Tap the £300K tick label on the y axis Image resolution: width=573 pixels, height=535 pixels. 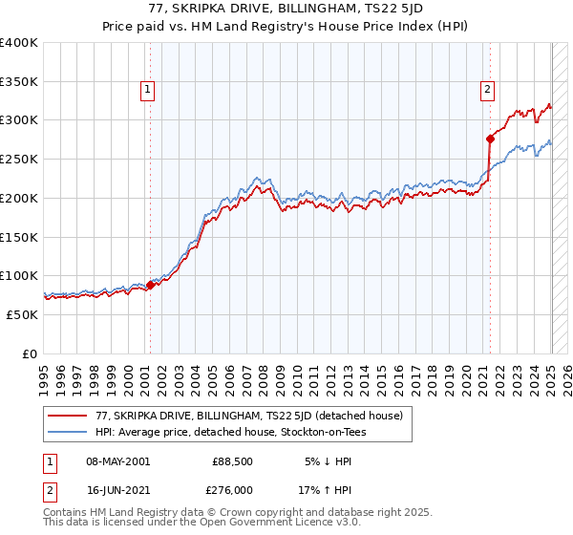(x=19, y=120)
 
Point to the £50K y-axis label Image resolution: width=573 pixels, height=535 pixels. (x=22, y=314)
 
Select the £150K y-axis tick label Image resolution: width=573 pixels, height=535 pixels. (x=19, y=237)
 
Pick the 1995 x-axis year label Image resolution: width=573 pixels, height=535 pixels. (x=44, y=373)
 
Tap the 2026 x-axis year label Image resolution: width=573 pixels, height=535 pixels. (x=563, y=373)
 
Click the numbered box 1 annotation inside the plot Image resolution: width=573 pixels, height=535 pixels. (x=149, y=91)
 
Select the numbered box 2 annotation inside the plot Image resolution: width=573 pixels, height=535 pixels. (x=487, y=91)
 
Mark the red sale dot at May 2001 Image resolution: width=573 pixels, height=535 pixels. (x=151, y=285)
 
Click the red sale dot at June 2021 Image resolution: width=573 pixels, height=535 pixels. (x=490, y=139)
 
